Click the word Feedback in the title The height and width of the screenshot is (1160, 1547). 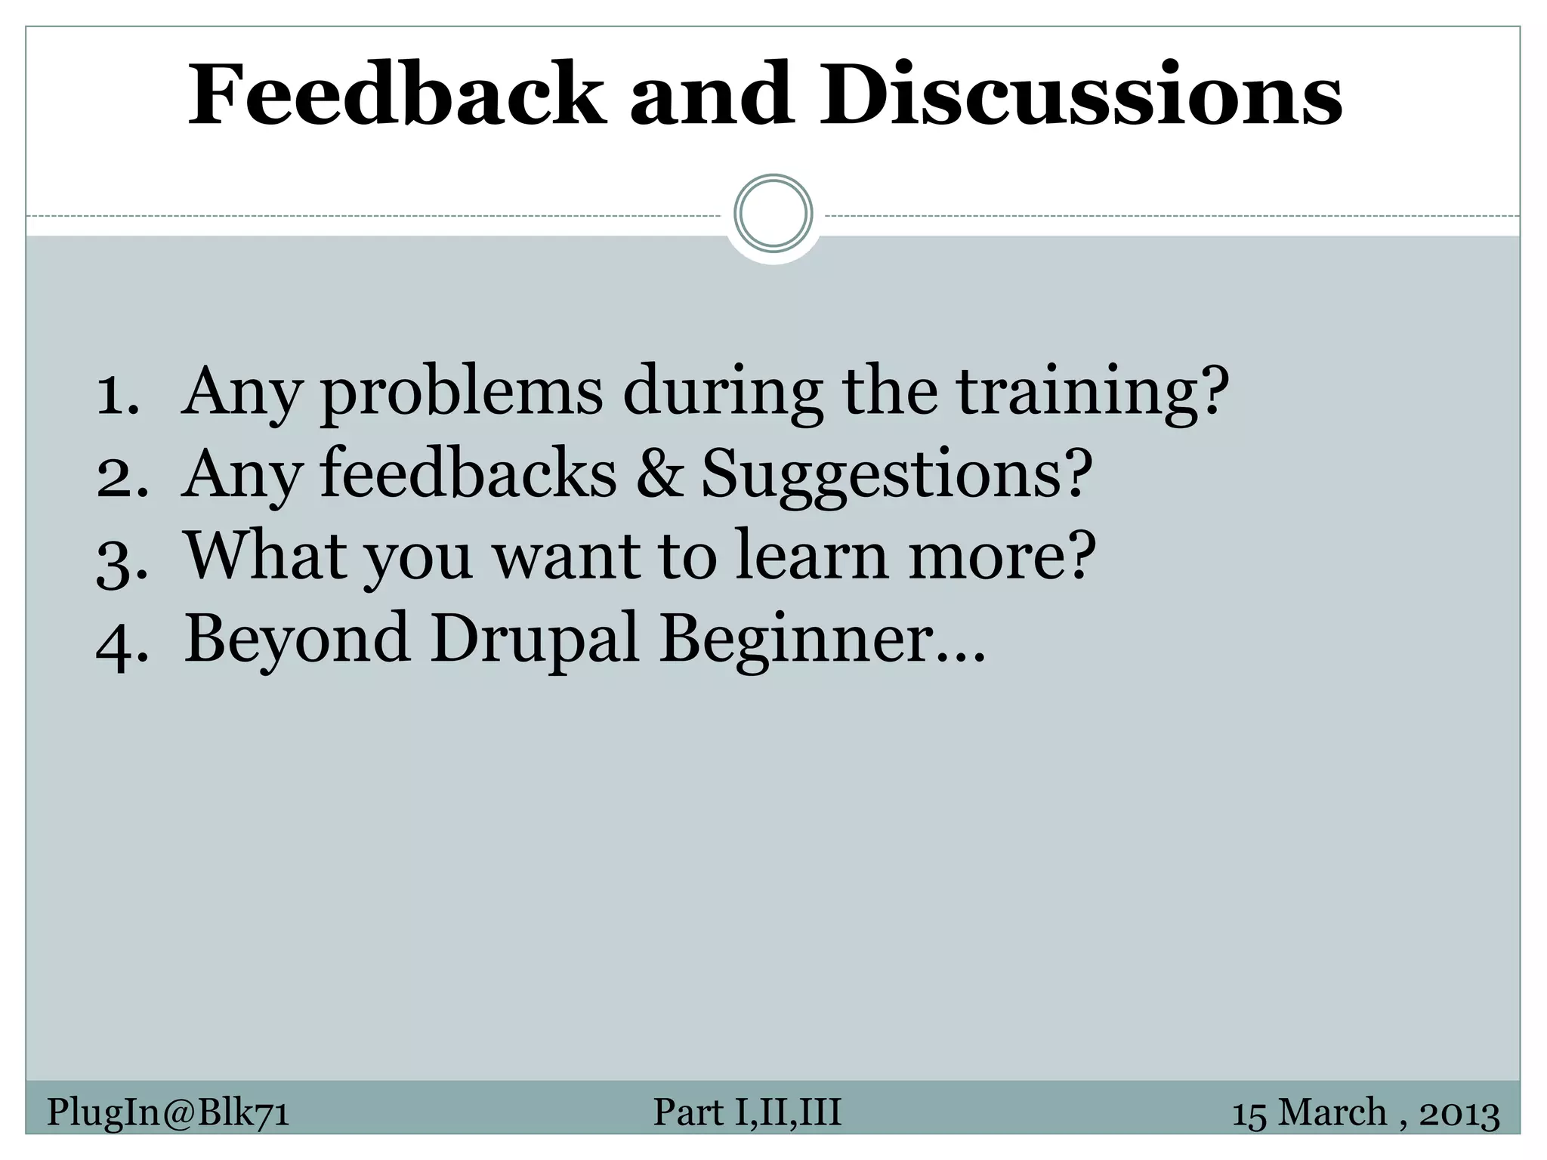(397, 95)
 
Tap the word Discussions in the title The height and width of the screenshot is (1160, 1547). (1082, 95)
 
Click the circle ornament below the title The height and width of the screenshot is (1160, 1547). (773, 213)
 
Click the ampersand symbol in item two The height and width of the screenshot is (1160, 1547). (659, 475)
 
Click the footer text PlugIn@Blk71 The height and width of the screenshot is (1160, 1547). (168, 1112)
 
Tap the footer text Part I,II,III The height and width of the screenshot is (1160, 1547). (746, 1112)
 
